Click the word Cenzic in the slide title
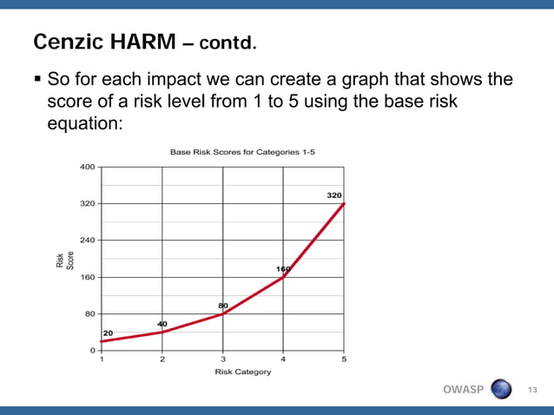click(66, 42)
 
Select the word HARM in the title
click(142, 42)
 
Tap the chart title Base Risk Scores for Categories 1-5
click(241, 152)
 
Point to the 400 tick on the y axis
click(88, 167)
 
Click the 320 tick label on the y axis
click(88, 203)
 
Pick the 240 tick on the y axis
click(88, 240)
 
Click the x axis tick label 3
click(223, 359)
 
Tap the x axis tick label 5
click(345, 359)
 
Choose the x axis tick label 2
click(162, 359)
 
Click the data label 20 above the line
click(109, 333)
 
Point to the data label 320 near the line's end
click(333, 195)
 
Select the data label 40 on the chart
click(162, 323)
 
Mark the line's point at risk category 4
click(284, 277)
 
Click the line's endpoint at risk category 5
click(345, 203)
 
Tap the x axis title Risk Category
click(242, 372)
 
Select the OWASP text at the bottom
click(463, 389)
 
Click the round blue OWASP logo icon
click(502, 389)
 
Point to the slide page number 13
click(533, 390)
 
